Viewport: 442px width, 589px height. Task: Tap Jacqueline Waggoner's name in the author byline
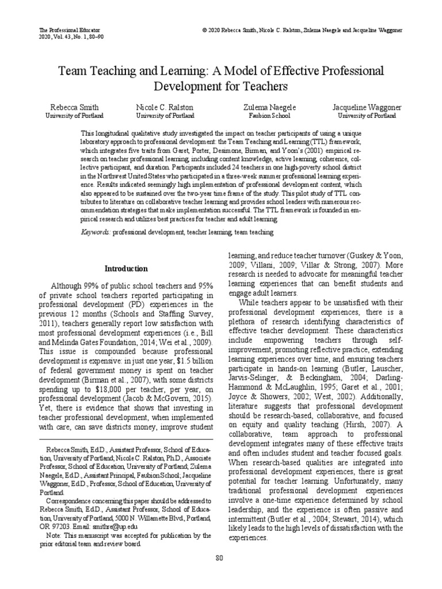pos(366,108)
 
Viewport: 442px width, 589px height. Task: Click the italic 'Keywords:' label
pos(97,232)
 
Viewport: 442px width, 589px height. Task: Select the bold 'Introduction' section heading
pos(125,269)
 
